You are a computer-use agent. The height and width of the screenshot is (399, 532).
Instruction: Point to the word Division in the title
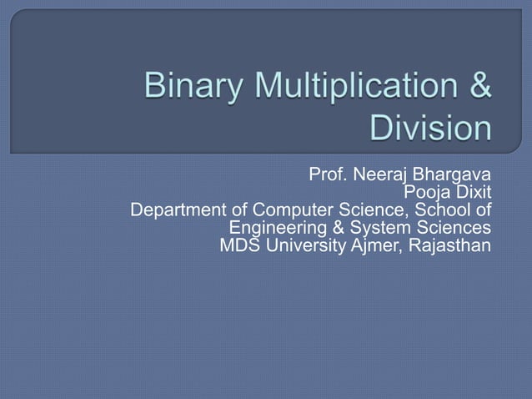[430, 129]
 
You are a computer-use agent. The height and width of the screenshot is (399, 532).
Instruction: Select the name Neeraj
[379, 176]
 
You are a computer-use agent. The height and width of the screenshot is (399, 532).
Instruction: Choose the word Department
[177, 210]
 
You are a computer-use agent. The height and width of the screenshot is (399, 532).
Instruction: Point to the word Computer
[289, 210]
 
